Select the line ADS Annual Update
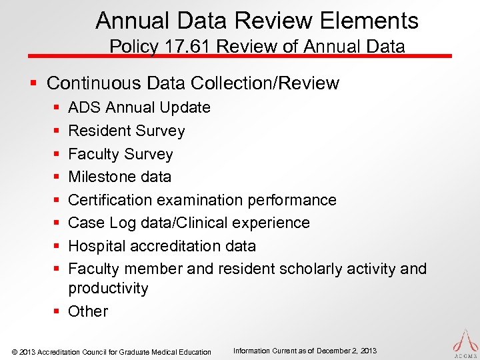click(x=139, y=107)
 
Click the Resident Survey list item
click(x=127, y=131)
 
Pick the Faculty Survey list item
click(x=121, y=154)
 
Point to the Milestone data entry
click(x=120, y=177)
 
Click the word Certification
click(x=111, y=200)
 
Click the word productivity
click(x=108, y=288)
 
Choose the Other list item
click(x=88, y=311)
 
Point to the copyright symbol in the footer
click(x=15, y=352)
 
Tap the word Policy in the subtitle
click(x=131, y=47)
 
